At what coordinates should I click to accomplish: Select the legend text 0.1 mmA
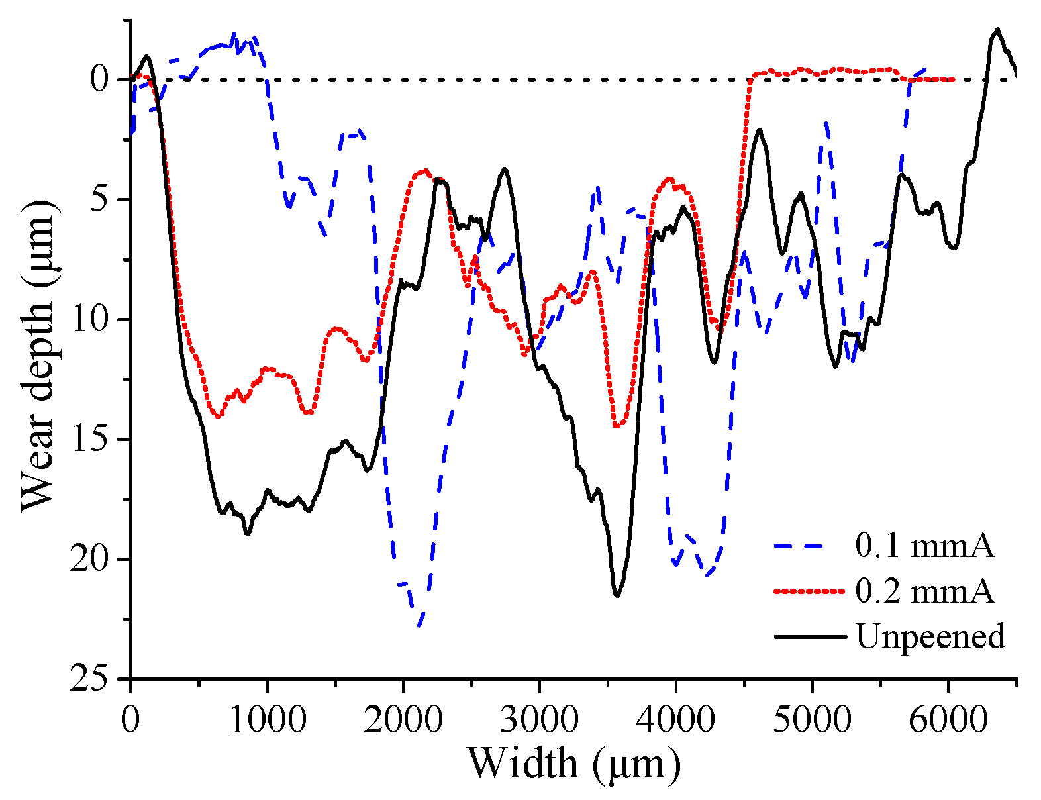[x=924, y=546]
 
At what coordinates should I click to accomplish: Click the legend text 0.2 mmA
[x=924, y=591]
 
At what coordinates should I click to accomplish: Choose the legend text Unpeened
[x=930, y=636]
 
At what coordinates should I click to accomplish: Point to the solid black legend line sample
[x=809, y=636]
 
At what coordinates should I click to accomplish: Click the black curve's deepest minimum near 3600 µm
[x=617, y=596]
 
